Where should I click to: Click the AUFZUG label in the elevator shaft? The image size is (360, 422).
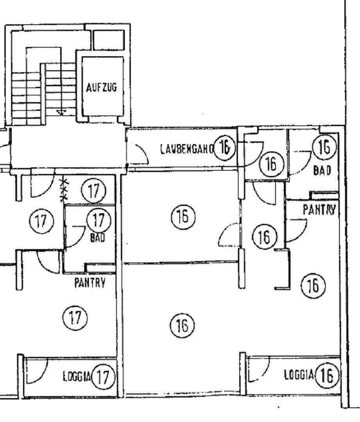point(101,88)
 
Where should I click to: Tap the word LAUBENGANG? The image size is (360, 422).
point(187,148)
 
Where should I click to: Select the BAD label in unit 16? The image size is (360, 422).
point(322,170)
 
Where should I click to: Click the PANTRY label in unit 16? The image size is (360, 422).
point(319,210)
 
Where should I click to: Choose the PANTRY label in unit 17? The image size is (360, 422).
point(90,283)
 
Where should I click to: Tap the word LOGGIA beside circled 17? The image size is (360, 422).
point(77,377)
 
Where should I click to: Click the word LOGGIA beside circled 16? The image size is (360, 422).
point(299,375)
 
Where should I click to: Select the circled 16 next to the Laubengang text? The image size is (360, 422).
point(225,147)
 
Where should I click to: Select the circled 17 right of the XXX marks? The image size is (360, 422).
point(93,191)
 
